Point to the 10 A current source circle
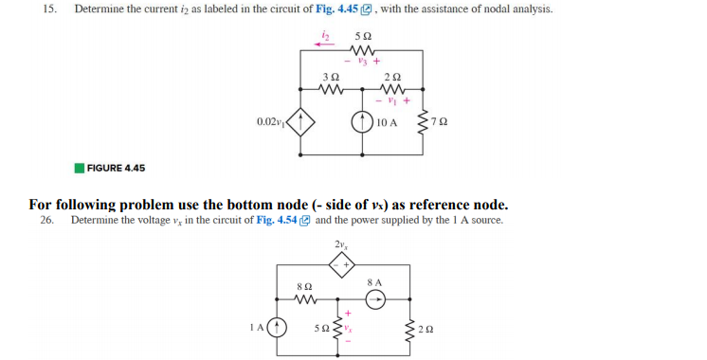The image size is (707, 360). point(361,123)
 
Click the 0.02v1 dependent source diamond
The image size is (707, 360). point(301,122)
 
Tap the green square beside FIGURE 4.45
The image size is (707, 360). point(80,168)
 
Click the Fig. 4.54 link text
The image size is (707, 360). point(275,220)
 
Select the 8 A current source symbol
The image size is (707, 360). point(376,299)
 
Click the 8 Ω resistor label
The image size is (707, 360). point(304,284)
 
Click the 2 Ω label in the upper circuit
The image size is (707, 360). point(394,75)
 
